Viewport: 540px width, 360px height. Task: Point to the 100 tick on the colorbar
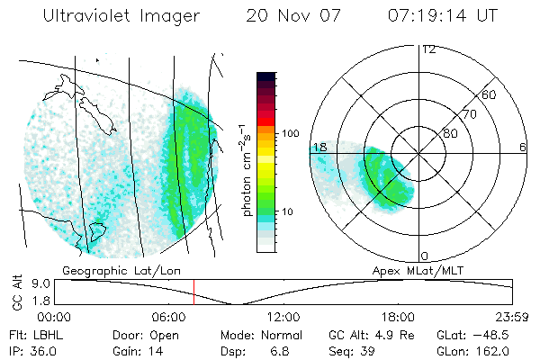[291, 133]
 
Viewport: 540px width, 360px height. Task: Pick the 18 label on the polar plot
[319, 147]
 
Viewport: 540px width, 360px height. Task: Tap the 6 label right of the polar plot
[523, 147]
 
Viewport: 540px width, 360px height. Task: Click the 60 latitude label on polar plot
[490, 94]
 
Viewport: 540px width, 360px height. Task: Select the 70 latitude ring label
[469, 114]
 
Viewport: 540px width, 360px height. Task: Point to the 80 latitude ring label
[450, 133]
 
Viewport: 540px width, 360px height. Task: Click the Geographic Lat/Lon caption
[107, 269]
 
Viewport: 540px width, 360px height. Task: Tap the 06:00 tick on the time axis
[169, 317]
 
